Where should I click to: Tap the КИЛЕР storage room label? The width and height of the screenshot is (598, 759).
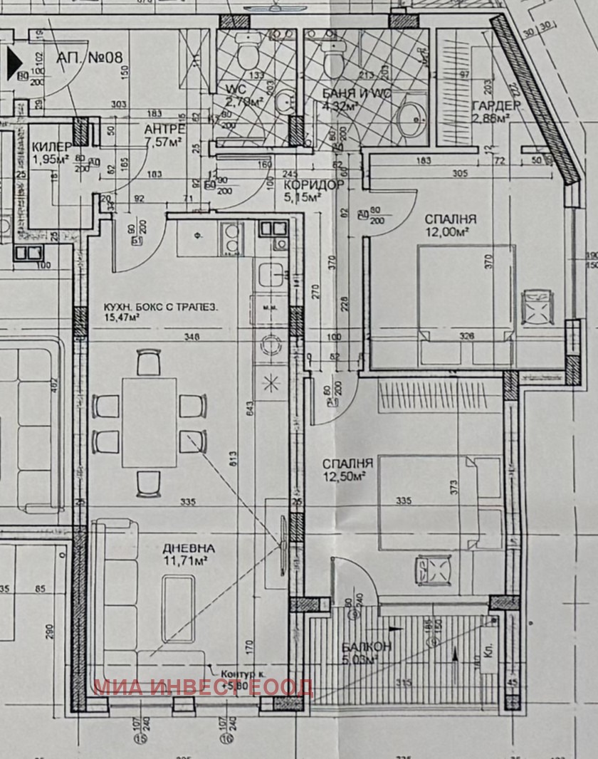tap(52, 147)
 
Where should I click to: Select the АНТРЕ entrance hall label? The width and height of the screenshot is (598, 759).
tap(164, 130)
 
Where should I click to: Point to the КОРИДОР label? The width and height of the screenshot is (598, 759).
tap(314, 185)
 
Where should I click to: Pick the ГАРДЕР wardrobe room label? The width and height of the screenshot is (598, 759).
tap(497, 106)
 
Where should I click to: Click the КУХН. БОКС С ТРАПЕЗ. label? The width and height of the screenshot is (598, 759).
tap(159, 308)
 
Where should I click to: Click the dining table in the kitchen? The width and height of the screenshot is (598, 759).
tap(149, 422)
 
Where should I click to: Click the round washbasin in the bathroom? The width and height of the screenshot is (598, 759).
tap(411, 117)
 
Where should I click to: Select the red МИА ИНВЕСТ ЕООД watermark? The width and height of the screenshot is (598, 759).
tap(203, 687)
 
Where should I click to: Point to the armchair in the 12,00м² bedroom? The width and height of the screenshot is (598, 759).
tap(537, 306)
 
